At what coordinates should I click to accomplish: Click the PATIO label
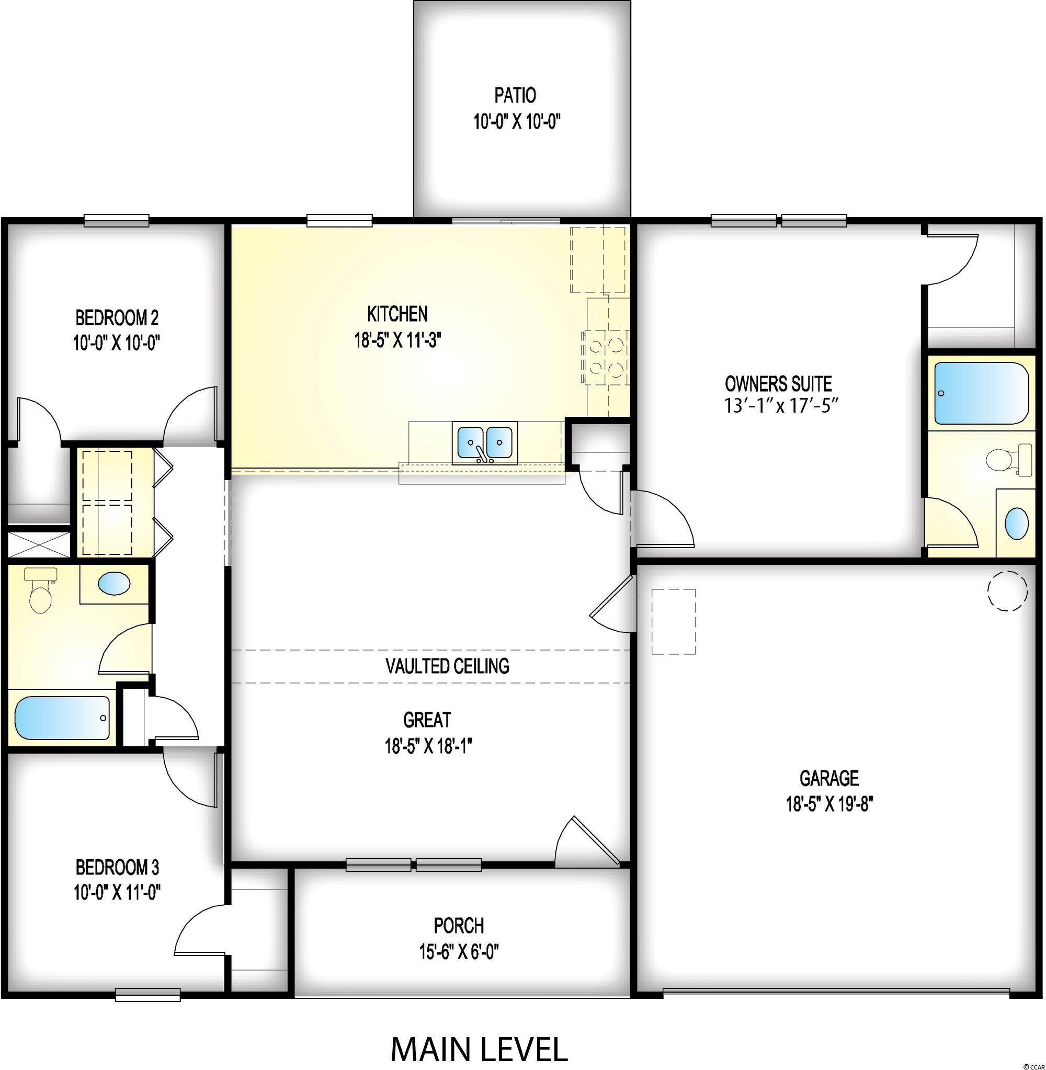coord(515,96)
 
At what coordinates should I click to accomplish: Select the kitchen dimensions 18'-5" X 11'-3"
coord(399,340)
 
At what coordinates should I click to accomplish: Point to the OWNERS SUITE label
coord(778,383)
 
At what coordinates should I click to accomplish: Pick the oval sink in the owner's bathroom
coord(1017,523)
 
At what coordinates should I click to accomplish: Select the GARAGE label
coord(829,778)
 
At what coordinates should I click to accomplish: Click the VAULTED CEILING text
coord(447,666)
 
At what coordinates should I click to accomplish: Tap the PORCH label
coord(459,926)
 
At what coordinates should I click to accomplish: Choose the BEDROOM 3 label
coord(118,867)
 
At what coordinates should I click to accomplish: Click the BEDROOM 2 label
coord(117,317)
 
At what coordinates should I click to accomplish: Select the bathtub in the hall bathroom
coord(62,719)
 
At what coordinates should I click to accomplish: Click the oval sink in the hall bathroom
coord(114,583)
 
